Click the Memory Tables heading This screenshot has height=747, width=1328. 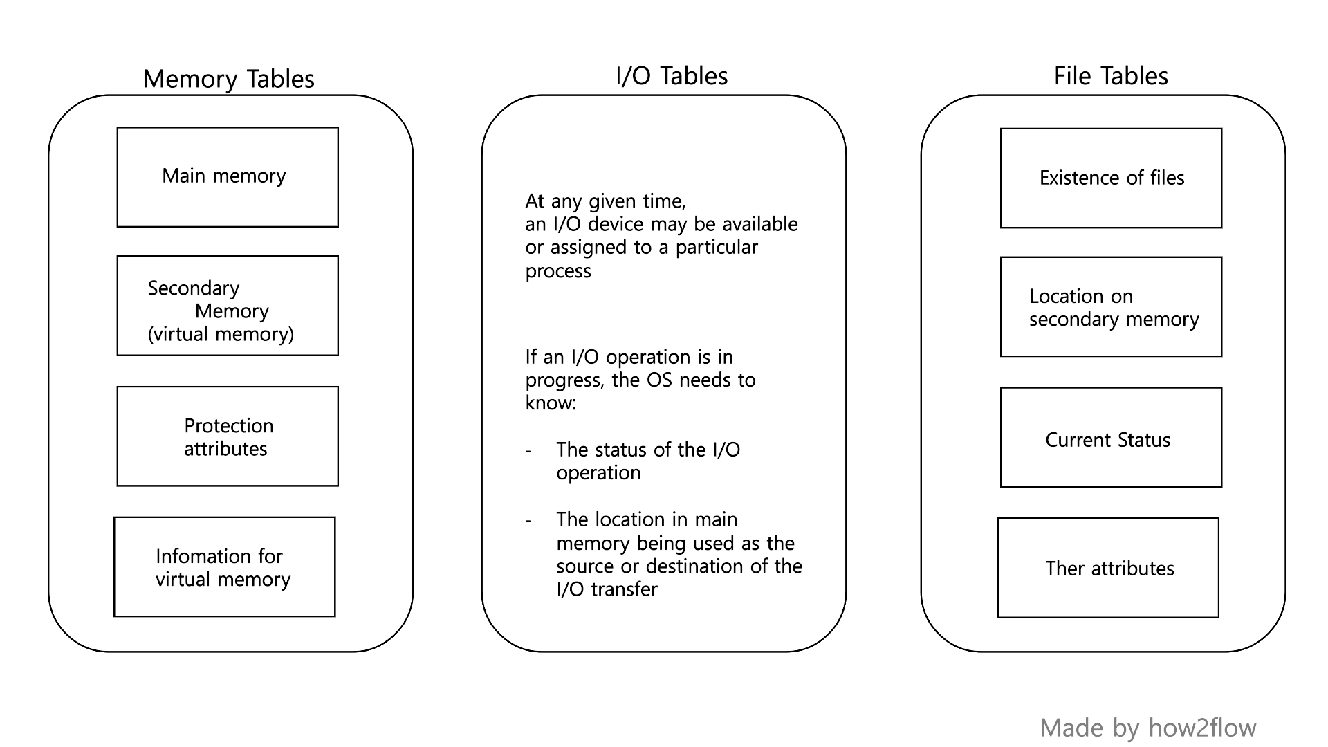click(x=228, y=79)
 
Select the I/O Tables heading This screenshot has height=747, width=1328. click(x=672, y=76)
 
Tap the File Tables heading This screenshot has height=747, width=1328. click(x=1111, y=76)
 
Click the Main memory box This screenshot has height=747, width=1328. click(x=228, y=177)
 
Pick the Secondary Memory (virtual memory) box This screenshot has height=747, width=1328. click(x=228, y=306)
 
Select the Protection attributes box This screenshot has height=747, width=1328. click(x=228, y=436)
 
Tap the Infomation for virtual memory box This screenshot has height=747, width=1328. click(x=225, y=566)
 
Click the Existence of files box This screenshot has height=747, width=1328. click(x=1111, y=178)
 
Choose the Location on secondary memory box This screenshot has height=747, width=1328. click(x=1111, y=307)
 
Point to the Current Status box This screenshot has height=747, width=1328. click(x=1111, y=437)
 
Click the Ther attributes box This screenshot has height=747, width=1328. click(x=1108, y=568)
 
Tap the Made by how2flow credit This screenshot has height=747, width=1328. click(x=1147, y=728)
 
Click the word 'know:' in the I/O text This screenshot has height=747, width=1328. click(x=551, y=403)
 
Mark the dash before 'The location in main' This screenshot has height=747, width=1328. click(x=528, y=521)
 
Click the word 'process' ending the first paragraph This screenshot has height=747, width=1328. click(x=557, y=271)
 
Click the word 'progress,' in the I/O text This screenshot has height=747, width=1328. click(x=565, y=380)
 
